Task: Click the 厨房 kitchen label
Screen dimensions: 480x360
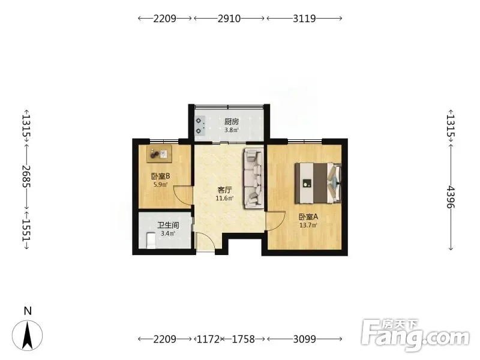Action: [232, 122]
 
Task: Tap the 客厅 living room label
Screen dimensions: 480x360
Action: [224, 190]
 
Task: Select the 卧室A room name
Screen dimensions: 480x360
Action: [308, 217]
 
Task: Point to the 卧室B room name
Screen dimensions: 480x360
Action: [160, 176]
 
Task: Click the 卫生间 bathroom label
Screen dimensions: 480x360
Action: [168, 226]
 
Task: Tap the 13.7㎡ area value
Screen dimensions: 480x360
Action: [308, 226]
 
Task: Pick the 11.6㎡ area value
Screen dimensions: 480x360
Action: [224, 199]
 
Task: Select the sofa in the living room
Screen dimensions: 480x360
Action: [254, 178]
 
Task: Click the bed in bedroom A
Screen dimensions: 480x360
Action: [318, 183]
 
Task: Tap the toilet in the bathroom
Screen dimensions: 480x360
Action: [151, 241]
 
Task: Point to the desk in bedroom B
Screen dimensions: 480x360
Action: [159, 154]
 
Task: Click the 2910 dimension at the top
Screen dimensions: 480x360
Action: [229, 19]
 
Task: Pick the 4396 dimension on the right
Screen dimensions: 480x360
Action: [451, 197]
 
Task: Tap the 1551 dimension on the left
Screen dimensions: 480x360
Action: [26, 230]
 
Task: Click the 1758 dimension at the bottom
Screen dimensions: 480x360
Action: [243, 339]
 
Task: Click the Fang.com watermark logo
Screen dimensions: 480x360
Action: [415, 335]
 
